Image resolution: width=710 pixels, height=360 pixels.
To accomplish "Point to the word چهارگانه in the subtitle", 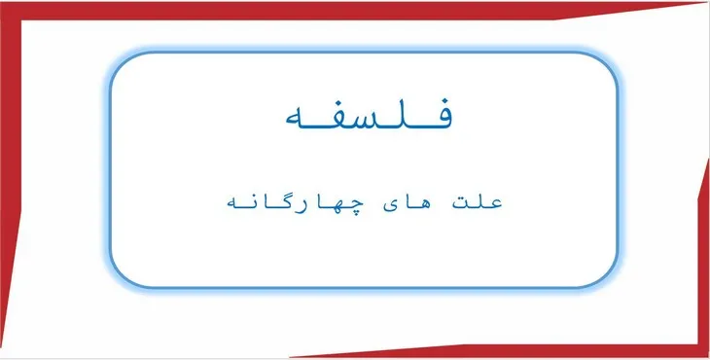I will (x=291, y=202).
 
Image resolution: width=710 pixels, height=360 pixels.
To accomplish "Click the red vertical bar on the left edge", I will (x=11, y=175).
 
